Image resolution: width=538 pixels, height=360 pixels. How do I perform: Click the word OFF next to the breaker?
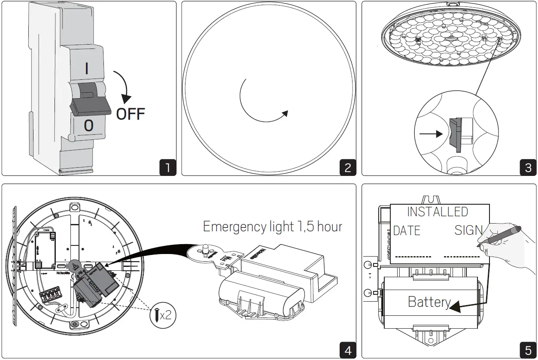coord(131,114)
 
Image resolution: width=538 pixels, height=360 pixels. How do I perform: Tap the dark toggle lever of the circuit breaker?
coord(89,102)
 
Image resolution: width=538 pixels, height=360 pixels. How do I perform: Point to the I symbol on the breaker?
coord(87,69)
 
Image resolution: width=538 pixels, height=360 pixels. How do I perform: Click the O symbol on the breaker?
coord(88,125)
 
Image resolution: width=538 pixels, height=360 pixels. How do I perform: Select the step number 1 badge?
coord(167,167)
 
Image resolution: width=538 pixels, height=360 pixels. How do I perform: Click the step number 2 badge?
coord(347,167)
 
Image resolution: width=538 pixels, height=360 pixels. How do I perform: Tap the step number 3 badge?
coord(528,167)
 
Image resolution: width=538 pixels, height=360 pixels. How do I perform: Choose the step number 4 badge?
coord(347,350)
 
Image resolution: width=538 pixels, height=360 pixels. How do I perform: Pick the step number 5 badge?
coord(528,350)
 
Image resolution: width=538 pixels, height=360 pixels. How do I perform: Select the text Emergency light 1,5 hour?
coord(272,227)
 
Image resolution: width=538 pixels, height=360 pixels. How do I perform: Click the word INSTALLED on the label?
coord(437,212)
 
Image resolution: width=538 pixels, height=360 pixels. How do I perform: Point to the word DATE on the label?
coord(407,230)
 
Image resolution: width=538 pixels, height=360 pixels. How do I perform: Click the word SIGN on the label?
coord(468,230)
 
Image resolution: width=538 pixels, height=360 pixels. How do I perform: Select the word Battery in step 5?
coord(429,302)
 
